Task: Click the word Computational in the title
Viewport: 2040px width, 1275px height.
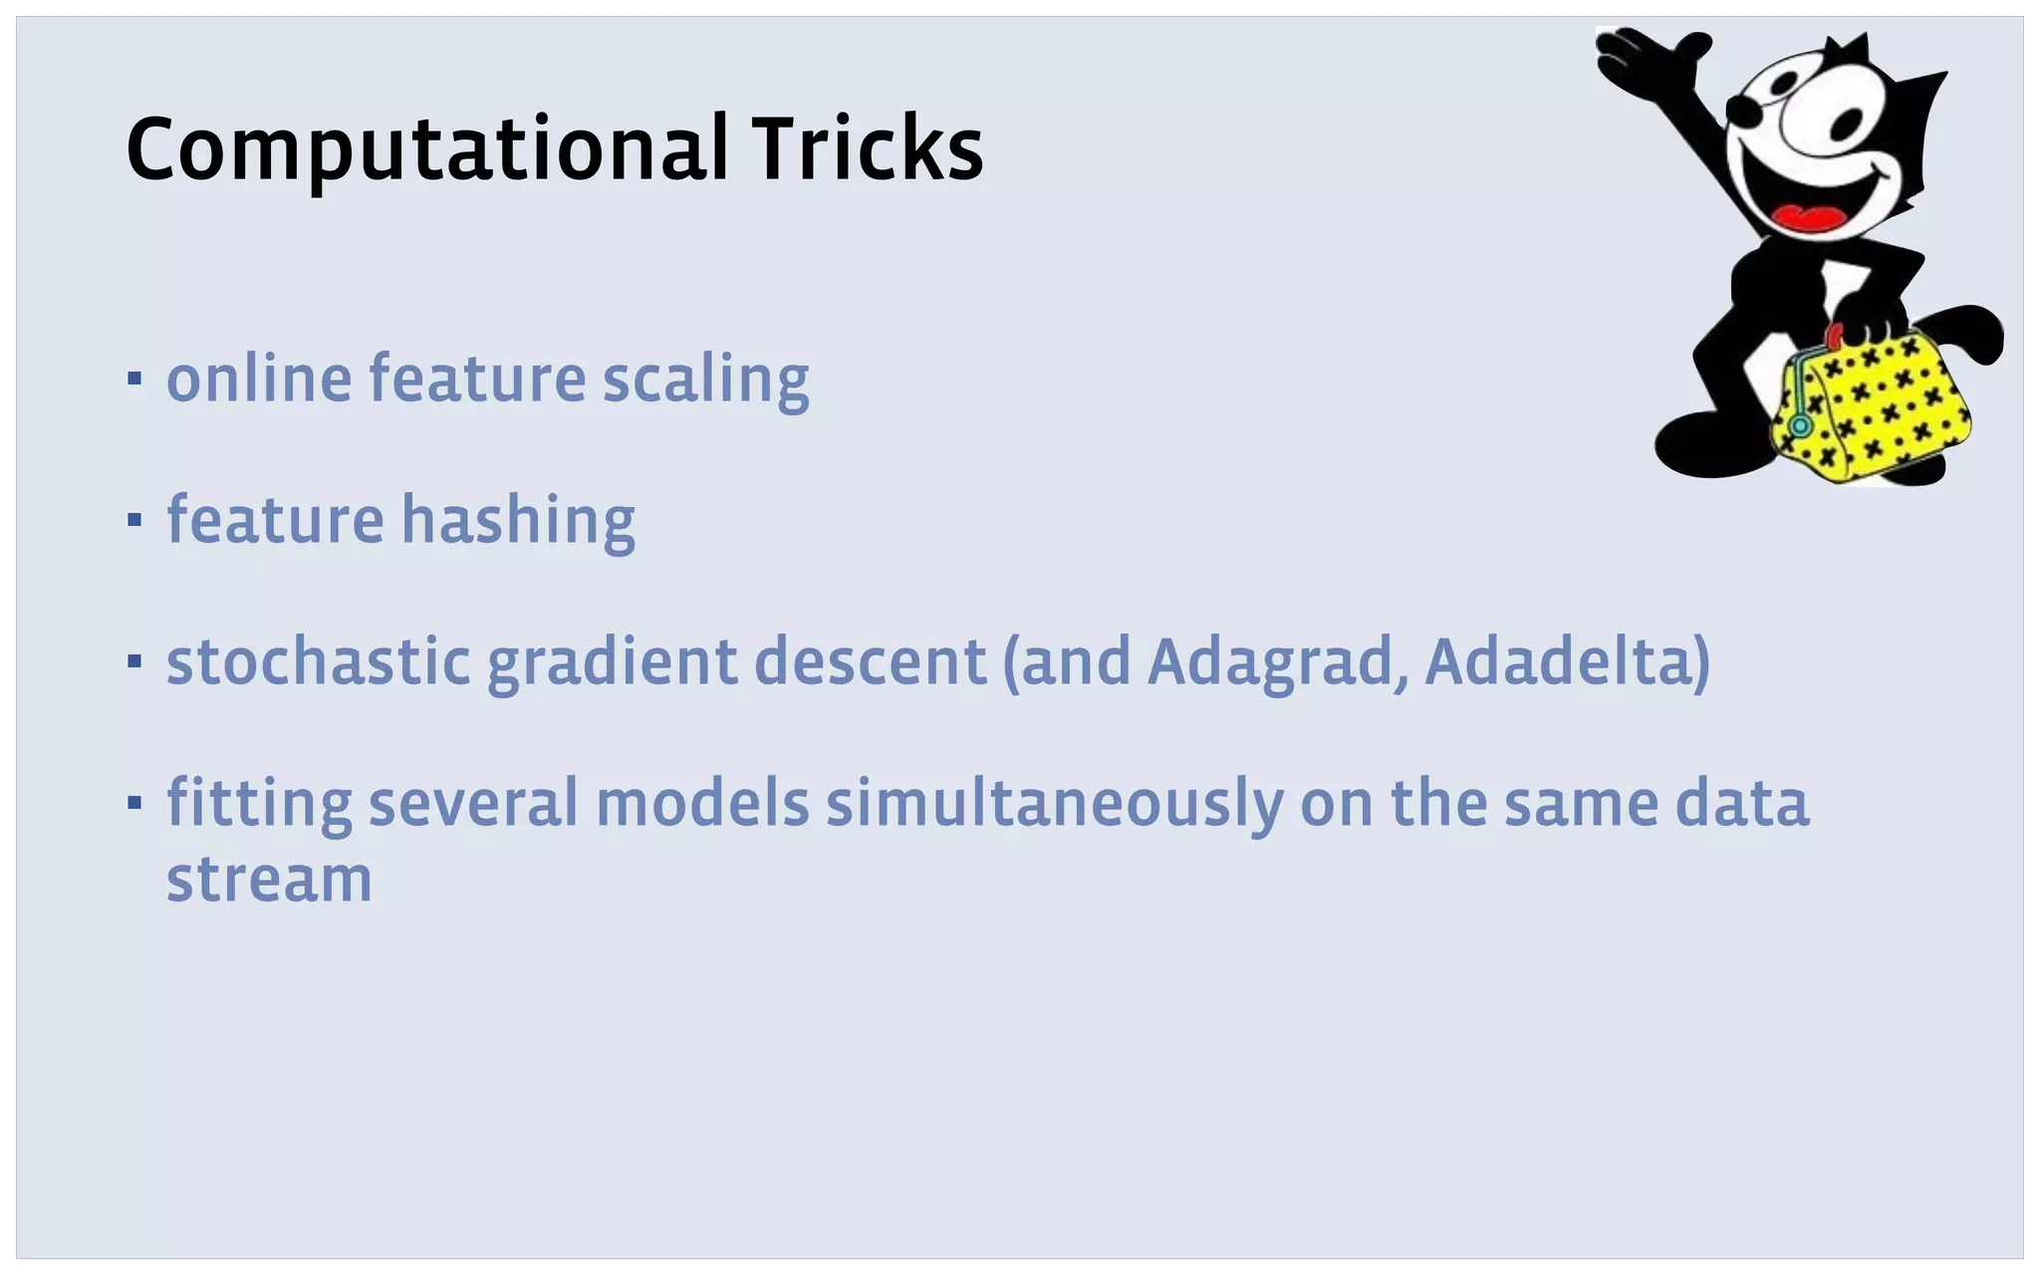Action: point(426,149)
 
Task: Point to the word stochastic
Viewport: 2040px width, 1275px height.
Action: point(318,661)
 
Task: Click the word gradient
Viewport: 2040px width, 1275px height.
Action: point(612,663)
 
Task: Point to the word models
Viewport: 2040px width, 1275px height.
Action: point(702,803)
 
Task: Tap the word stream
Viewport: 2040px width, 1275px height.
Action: point(269,881)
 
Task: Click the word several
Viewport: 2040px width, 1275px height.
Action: point(473,803)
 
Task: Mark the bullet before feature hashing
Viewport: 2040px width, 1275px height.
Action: point(134,519)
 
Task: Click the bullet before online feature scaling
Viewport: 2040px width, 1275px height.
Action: point(134,379)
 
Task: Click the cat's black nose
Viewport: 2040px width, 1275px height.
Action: point(1739,109)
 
